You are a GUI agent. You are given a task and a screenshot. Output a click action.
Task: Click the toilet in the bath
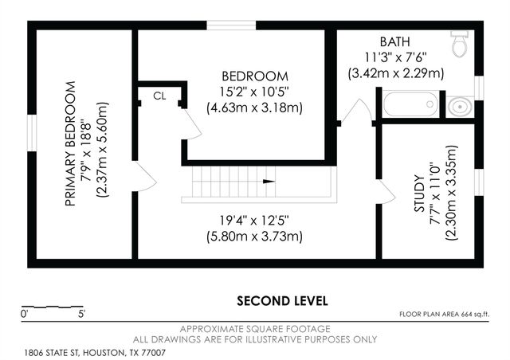pos(460,44)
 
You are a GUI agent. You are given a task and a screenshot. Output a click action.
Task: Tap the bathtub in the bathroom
pos(410,104)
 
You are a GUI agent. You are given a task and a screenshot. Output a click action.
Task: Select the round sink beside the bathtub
pos(460,107)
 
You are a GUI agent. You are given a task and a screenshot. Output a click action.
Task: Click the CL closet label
pos(159,96)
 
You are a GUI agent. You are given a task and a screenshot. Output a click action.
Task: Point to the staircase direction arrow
pos(269,181)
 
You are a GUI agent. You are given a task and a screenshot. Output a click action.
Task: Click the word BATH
pos(395,41)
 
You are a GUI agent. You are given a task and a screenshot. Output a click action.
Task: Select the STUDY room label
pos(419,194)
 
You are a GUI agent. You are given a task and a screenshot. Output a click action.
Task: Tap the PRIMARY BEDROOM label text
pos(70,143)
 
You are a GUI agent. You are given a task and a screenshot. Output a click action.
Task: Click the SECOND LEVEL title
pos(282,301)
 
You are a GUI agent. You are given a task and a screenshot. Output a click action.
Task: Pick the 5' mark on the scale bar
pos(81,314)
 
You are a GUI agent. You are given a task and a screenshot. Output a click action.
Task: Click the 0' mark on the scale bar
pos(25,314)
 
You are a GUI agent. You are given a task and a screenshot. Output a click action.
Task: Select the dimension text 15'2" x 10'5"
pos(254,92)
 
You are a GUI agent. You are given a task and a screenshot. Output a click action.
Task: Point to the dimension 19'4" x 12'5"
pos(254,221)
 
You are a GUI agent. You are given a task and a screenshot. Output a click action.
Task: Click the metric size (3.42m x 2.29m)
pos(396,73)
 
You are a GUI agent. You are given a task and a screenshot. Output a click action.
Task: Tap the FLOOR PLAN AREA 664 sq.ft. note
pos(445,314)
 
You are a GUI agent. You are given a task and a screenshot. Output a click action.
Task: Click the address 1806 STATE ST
pos(53,353)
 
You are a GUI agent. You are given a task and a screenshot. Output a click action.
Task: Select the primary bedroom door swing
pos(145,176)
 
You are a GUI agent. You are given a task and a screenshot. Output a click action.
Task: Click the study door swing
pos(386,192)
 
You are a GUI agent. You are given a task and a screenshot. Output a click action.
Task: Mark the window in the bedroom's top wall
pos(231,25)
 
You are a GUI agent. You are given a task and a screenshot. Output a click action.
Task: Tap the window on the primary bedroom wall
pos(32,133)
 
